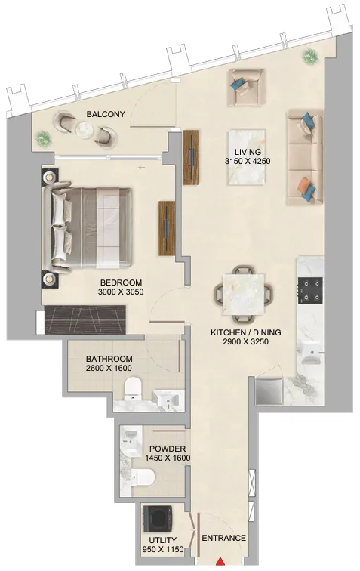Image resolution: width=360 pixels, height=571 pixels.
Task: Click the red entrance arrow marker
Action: point(220,561)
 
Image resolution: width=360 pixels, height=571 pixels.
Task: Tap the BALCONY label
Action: point(106,114)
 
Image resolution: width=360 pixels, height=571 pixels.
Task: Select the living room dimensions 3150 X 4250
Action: point(248,161)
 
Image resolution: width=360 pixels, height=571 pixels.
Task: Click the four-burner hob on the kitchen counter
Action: point(310,290)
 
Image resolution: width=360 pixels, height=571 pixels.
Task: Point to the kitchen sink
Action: point(310,353)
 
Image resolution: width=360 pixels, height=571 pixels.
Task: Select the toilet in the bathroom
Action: point(133,388)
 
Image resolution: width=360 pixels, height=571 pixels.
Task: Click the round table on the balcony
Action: point(85,128)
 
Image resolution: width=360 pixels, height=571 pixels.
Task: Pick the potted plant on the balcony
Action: point(43,138)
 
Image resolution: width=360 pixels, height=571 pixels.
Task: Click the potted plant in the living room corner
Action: point(309,57)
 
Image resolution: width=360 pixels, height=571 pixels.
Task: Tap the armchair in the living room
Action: point(245,88)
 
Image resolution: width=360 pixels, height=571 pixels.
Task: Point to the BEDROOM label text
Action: point(122,282)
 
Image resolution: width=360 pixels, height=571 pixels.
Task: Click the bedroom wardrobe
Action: point(85,319)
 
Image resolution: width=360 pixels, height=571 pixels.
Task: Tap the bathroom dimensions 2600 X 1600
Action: point(109,368)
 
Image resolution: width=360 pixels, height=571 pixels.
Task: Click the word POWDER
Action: point(168,449)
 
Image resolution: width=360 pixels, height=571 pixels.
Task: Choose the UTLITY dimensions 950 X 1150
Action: point(163,550)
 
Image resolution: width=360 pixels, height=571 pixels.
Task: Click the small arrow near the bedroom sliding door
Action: point(142,168)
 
